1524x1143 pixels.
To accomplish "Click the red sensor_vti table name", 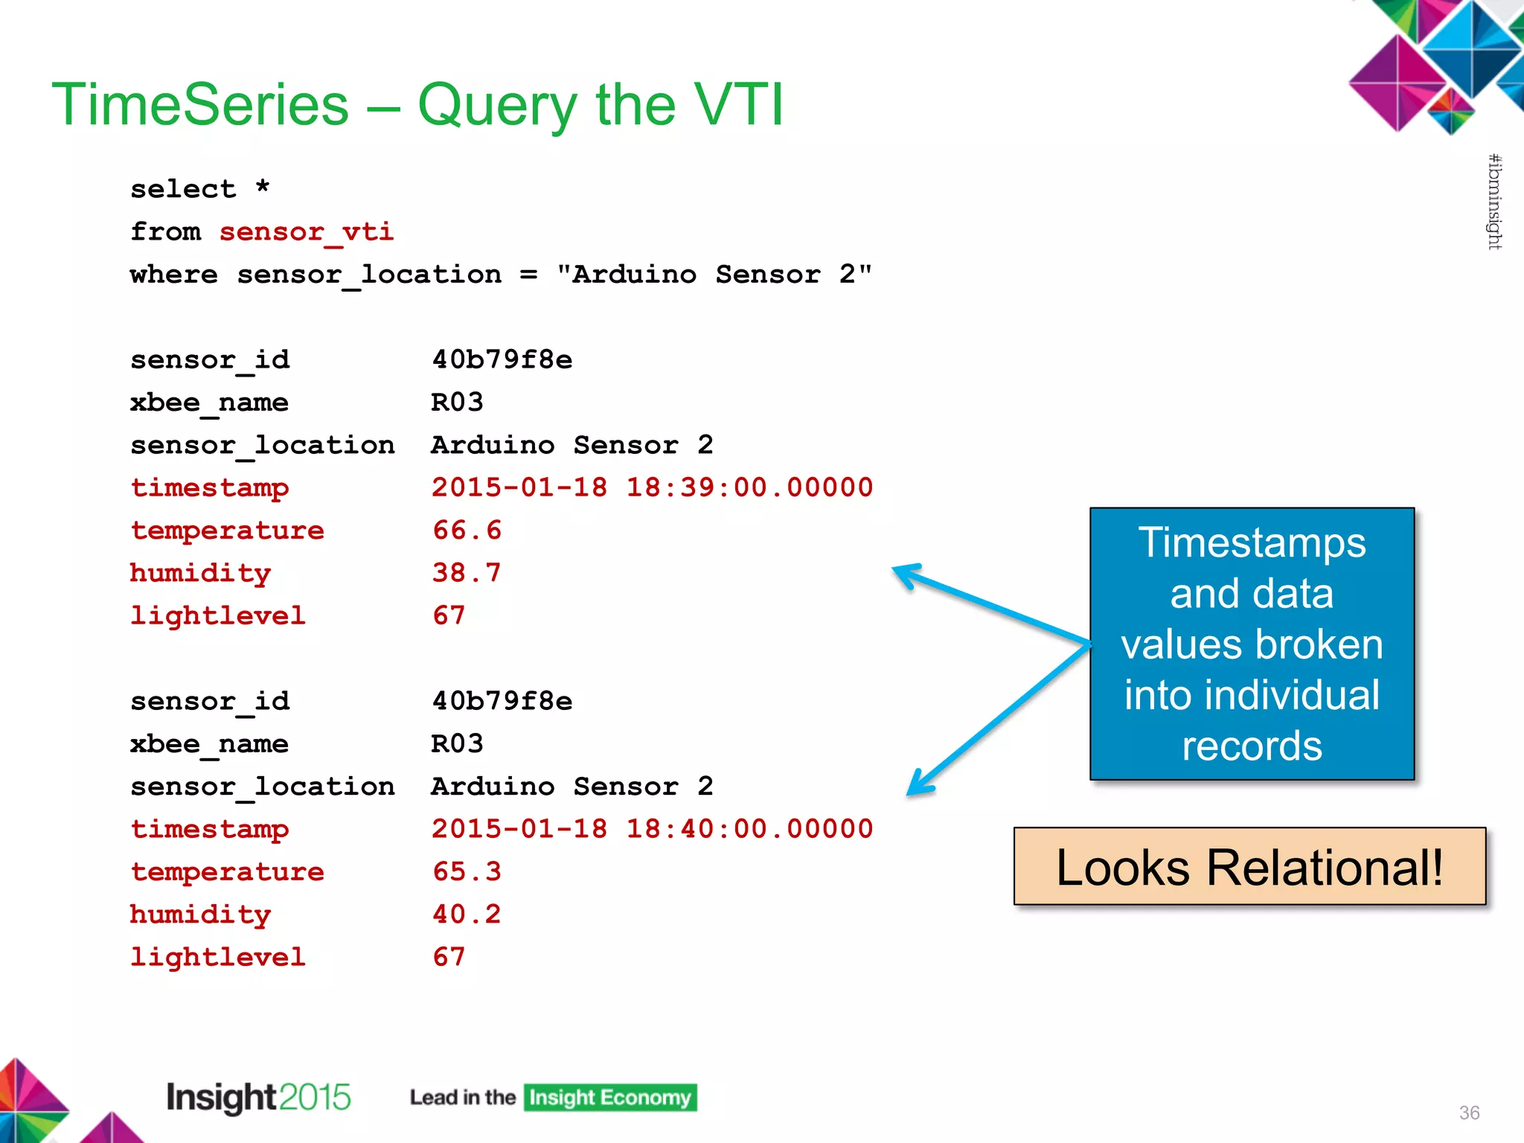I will [x=306, y=232].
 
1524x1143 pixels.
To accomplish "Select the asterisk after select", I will [x=262, y=187].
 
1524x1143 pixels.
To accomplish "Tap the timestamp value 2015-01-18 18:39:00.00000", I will [x=652, y=487].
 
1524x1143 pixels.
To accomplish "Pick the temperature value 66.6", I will [x=467, y=531].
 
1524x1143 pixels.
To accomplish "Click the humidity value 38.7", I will [x=467, y=573].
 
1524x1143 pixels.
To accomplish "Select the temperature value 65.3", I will [x=467, y=871].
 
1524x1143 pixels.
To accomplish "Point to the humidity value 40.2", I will [x=467, y=915].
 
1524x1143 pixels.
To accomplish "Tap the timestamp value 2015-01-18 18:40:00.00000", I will [x=652, y=829].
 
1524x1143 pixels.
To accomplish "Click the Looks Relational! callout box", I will [x=1249, y=867].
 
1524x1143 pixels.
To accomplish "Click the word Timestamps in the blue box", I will [x=1252, y=542].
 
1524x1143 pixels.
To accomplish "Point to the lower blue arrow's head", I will [x=918, y=787].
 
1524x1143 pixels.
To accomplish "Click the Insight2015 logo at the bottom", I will [x=258, y=1098].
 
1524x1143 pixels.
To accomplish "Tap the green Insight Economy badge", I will [x=609, y=1098].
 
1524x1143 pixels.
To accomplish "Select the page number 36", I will [x=1469, y=1112].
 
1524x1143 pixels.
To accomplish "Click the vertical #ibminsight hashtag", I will [x=1494, y=202].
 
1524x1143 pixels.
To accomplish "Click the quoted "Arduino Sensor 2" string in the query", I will [x=714, y=275].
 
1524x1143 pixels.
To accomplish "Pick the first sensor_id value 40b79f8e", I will [x=502, y=360].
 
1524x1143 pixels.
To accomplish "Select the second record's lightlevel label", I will [x=217, y=957].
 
